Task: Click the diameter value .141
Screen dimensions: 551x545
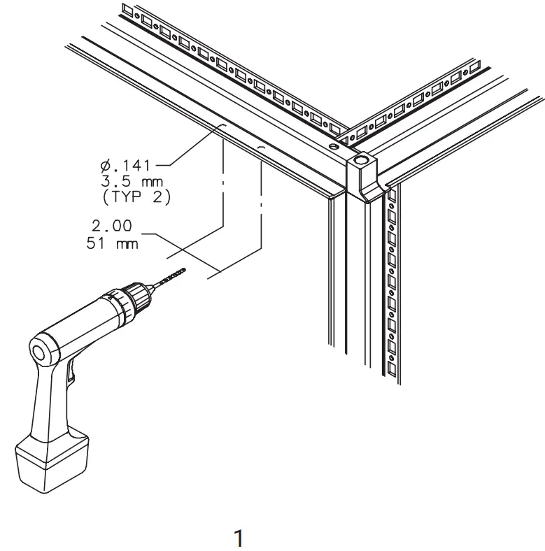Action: (132, 166)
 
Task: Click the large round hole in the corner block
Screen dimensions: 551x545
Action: (361, 162)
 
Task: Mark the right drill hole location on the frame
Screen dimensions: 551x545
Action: (260, 148)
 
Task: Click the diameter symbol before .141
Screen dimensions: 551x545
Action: (105, 166)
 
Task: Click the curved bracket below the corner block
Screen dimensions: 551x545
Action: (364, 190)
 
